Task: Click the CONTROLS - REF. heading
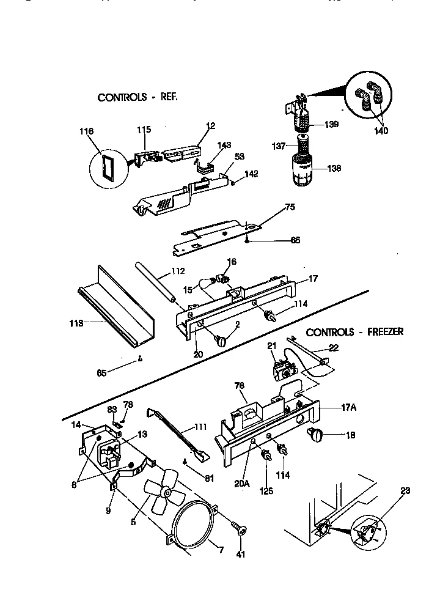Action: coord(137,97)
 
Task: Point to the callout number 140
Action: coord(381,130)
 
